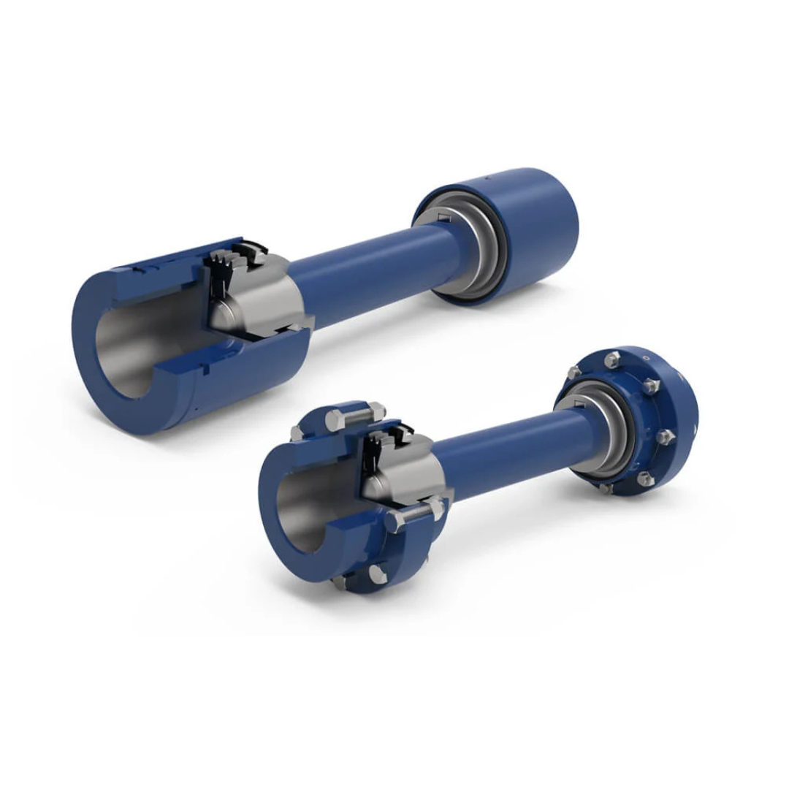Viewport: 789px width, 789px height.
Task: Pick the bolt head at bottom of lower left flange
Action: tap(378, 575)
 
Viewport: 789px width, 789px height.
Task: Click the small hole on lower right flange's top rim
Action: tap(645, 358)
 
